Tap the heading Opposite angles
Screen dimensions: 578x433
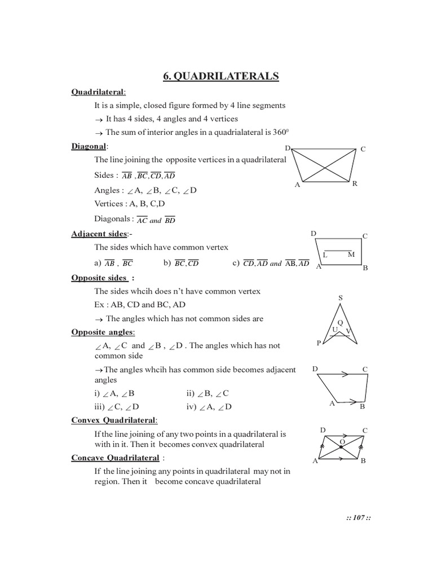coord(103,332)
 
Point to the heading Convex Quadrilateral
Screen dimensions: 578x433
coord(114,421)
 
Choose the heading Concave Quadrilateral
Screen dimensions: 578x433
coord(115,458)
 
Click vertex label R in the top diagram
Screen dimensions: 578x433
coord(355,184)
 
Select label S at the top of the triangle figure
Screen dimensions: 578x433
coord(340,297)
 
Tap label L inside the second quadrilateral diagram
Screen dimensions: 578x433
coord(325,255)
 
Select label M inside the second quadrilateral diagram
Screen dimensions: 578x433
coord(351,255)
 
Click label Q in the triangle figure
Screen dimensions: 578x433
coord(340,322)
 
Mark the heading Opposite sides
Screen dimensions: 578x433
coord(99,278)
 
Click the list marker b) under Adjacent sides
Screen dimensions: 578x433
coord(167,263)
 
